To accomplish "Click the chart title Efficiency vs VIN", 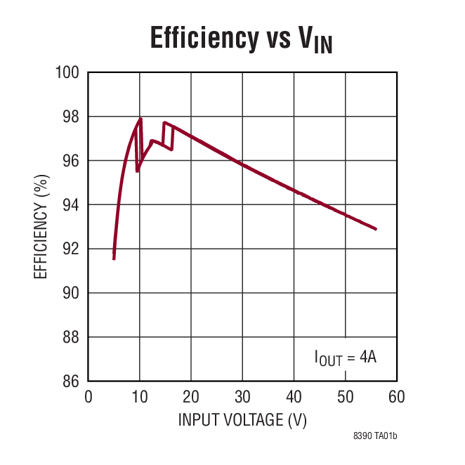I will (x=241, y=39).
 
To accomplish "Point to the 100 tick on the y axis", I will (x=70, y=72).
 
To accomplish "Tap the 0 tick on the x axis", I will (x=89, y=397).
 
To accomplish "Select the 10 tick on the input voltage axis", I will (x=140, y=397).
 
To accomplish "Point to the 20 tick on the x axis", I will (x=191, y=397).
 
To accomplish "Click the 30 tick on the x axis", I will (x=242, y=397).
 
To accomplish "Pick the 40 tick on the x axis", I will (x=294, y=397).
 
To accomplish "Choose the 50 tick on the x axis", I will (x=345, y=397).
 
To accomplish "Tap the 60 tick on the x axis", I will (x=396, y=397).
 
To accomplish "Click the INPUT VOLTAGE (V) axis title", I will (x=242, y=420).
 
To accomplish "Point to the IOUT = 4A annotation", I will (x=346, y=358).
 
